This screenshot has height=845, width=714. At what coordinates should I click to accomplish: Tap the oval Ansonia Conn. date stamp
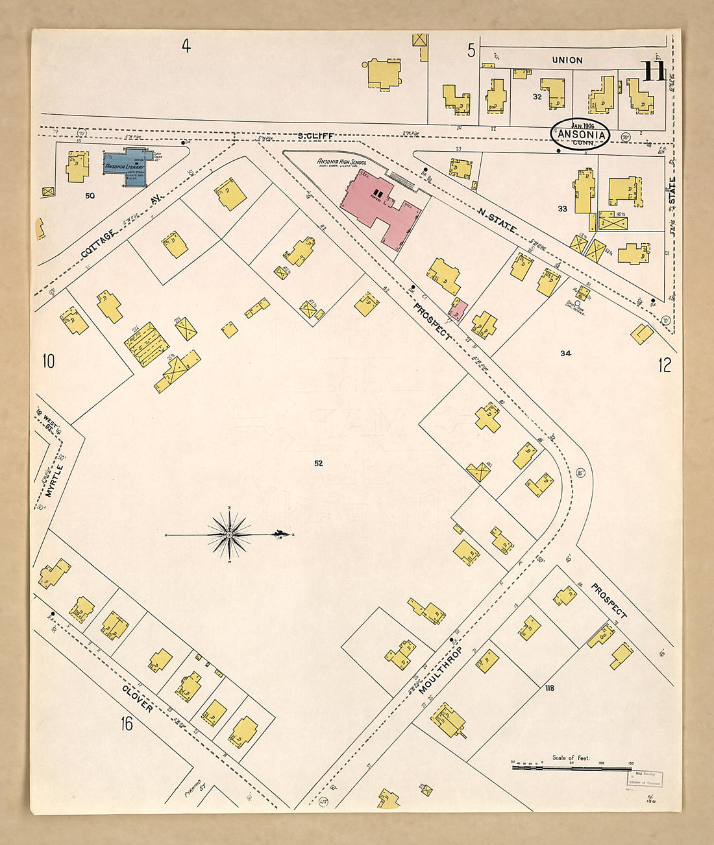580,134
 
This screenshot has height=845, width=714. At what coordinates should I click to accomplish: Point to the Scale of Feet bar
571,767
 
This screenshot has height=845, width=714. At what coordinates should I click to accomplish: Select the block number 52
318,463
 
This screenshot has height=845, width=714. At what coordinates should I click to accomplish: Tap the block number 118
549,687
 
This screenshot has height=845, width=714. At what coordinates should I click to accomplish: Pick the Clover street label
137,698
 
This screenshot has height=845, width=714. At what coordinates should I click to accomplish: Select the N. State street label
497,220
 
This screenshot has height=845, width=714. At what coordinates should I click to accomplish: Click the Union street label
567,60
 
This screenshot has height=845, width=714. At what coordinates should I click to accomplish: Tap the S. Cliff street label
316,136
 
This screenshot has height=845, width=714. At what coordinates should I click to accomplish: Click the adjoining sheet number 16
127,723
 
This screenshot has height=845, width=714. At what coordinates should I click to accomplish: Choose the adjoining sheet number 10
49,361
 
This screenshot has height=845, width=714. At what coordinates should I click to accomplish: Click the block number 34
565,353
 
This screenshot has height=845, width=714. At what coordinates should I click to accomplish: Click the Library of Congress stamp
644,778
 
